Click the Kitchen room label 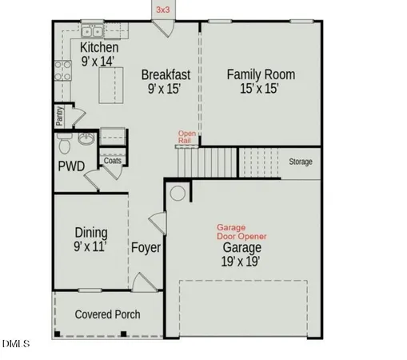click(x=99, y=47)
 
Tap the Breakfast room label click(x=166, y=74)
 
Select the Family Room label click(x=261, y=74)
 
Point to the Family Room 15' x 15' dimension click(x=261, y=89)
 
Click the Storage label click(x=300, y=162)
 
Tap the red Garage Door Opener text click(x=241, y=232)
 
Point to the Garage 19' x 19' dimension click(x=241, y=261)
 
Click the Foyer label click(x=146, y=248)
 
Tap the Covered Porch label click(x=107, y=314)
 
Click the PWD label click(x=71, y=166)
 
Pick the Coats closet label click(x=113, y=160)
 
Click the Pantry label click(x=60, y=117)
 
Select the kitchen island click(x=113, y=82)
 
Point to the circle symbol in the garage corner click(x=178, y=193)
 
